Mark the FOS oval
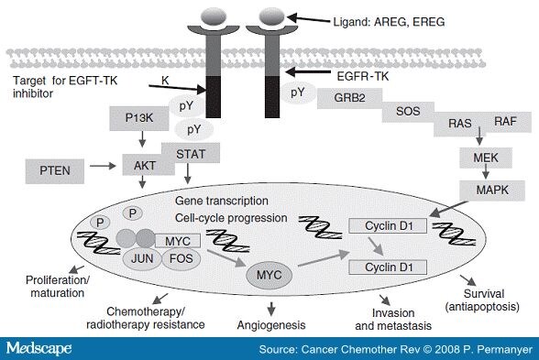click(180, 259)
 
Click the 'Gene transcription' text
click(221, 200)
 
